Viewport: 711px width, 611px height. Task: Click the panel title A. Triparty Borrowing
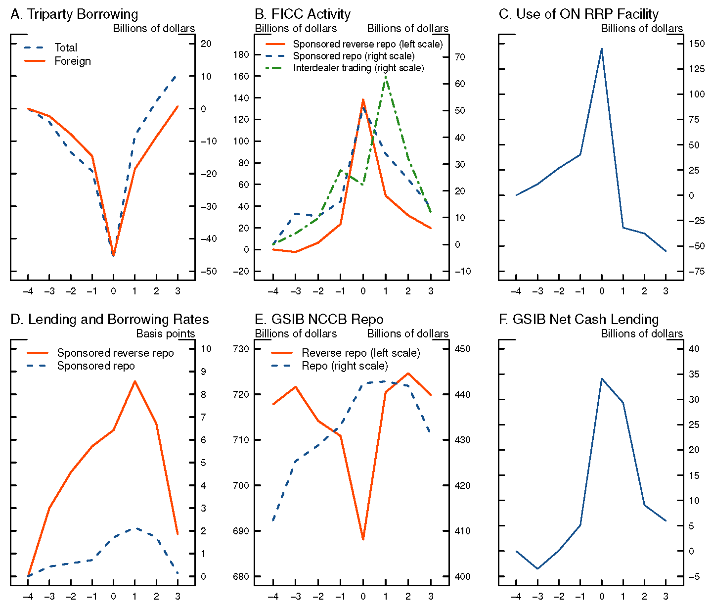[x=74, y=14]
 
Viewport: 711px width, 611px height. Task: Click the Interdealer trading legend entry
[x=358, y=68]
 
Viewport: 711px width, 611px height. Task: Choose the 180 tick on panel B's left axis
[x=241, y=54]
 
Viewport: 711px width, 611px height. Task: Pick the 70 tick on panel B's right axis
[x=460, y=57]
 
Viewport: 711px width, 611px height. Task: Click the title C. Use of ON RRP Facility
[x=578, y=14]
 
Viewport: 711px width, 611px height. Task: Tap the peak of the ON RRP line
[x=601, y=48]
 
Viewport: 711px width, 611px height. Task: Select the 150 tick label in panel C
[x=697, y=44]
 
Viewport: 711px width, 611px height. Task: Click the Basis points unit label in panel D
[x=166, y=334]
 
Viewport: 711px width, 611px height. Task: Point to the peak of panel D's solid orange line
[x=134, y=381]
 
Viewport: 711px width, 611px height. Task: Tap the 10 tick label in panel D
[x=206, y=349]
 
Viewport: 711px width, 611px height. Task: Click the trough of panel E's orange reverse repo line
[x=363, y=539]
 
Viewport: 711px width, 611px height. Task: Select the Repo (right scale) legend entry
[x=344, y=366]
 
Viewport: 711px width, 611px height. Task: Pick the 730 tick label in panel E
[x=241, y=349]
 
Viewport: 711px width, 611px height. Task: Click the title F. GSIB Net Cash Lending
[x=578, y=320]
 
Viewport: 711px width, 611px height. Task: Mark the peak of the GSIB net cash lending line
[x=601, y=378]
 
